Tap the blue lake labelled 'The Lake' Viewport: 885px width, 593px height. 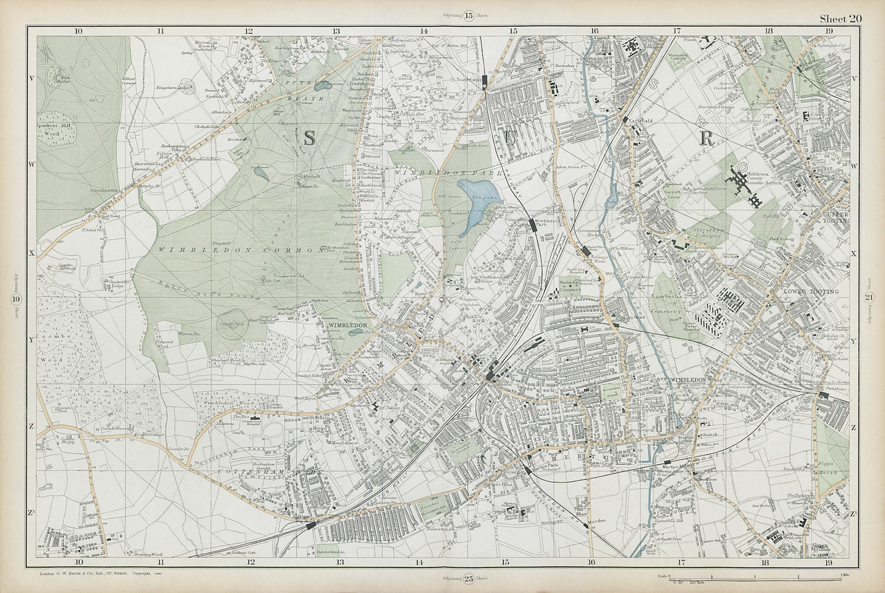[x=477, y=208]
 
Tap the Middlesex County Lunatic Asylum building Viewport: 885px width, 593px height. [x=746, y=187]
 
